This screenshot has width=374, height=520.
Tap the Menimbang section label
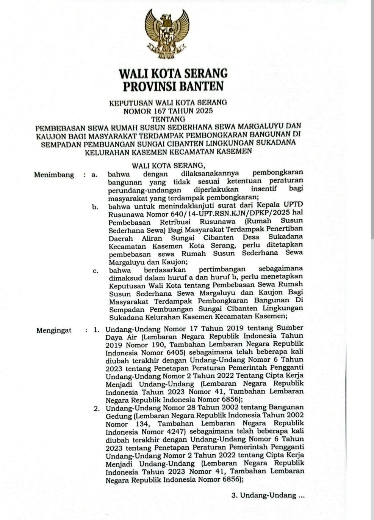(x=54, y=175)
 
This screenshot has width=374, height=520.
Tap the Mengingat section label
(x=54, y=330)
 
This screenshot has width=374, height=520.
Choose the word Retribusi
(x=175, y=222)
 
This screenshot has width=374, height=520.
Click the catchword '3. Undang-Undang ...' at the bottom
(x=268, y=495)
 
